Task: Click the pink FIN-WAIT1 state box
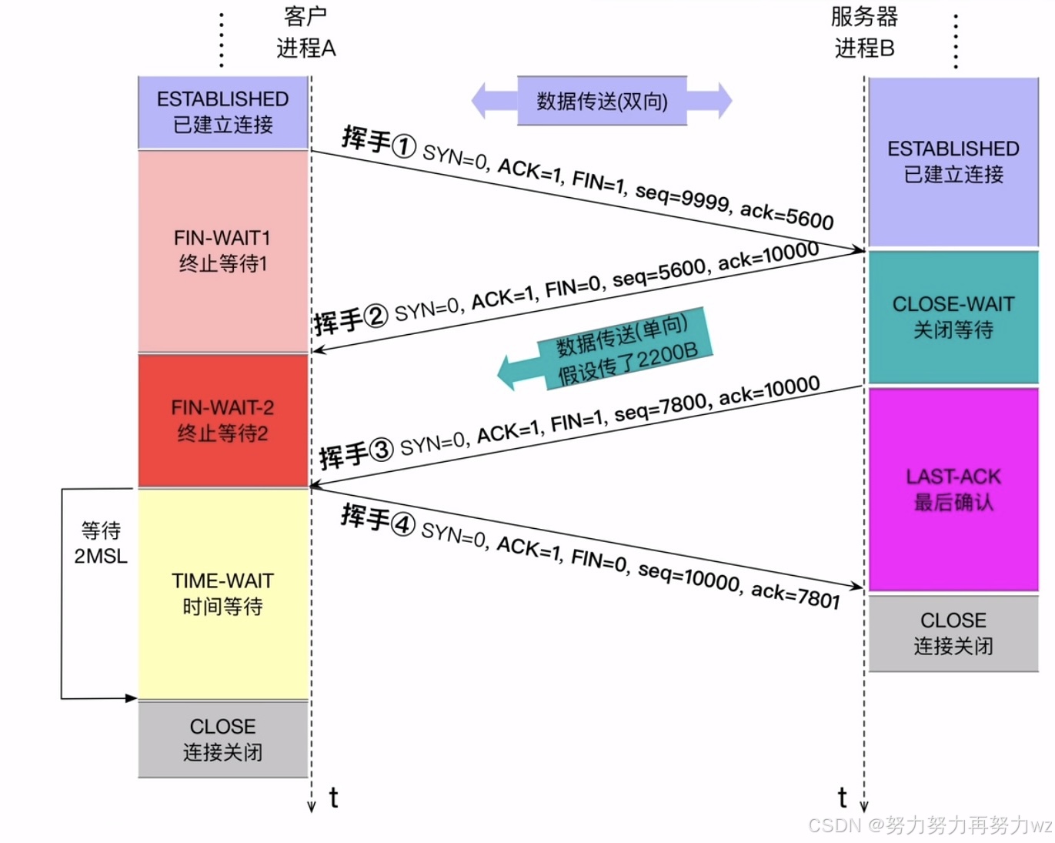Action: click(223, 251)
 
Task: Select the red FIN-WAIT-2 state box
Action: click(223, 420)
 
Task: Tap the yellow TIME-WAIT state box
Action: click(223, 594)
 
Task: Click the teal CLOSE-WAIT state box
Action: click(953, 316)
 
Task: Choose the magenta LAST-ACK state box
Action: click(953, 489)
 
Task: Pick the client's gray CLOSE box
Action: click(223, 739)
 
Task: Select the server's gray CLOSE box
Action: click(953, 633)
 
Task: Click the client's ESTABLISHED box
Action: click(223, 112)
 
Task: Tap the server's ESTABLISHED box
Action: click(953, 162)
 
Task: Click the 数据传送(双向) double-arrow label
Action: click(602, 101)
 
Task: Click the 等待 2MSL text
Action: click(101, 543)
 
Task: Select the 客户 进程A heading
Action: click(305, 32)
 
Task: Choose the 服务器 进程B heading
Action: click(864, 32)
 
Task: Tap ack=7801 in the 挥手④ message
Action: click(796, 594)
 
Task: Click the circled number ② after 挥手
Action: click(376, 316)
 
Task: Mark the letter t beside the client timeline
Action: click(333, 798)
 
